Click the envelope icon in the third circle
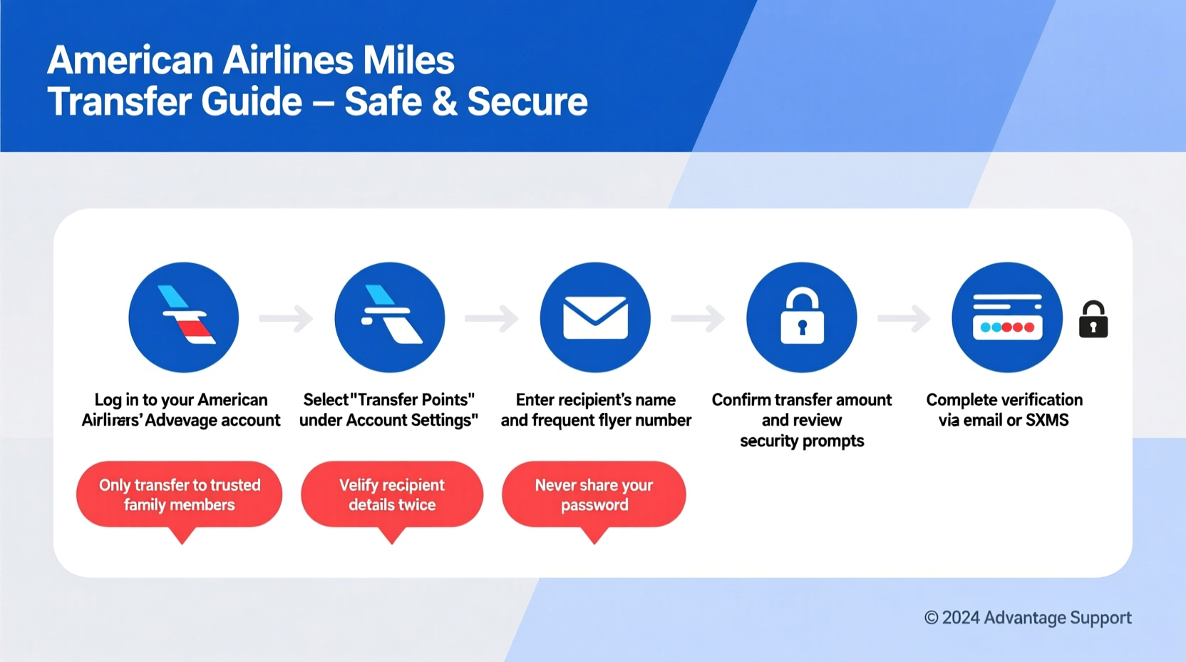point(595,318)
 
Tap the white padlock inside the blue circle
point(802,318)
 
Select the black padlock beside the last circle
point(1093,320)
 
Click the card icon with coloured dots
point(1007,318)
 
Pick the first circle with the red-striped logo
point(184,317)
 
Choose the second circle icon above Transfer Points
point(389,317)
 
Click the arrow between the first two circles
point(286,318)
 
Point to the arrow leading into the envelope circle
point(492,318)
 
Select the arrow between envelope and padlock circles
point(698,318)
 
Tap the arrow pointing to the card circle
point(904,318)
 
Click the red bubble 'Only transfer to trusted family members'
point(180,495)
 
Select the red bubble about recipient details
point(392,495)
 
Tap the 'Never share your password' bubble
point(594,495)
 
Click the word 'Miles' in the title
point(408,60)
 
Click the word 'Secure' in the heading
point(527,101)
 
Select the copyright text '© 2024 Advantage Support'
point(1028,618)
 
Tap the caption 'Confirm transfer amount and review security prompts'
point(802,420)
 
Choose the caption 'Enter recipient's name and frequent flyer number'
point(596,410)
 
